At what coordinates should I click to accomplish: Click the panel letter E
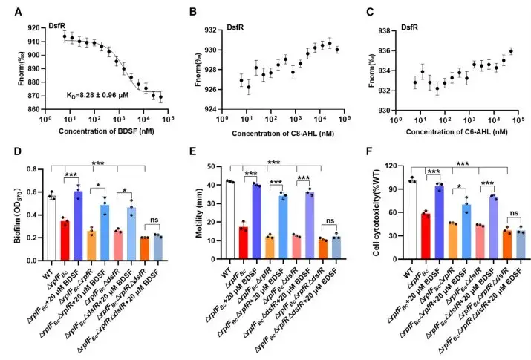189,153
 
